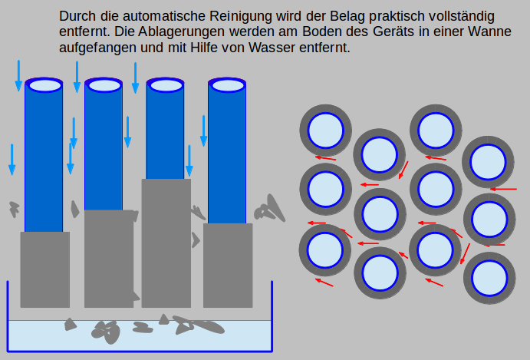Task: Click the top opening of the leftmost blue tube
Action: click(x=44, y=84)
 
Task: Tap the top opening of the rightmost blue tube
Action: click(x=228, y=85)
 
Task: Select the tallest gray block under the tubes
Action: click(x=166, y=242)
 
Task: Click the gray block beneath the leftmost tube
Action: click(x=44, y=269)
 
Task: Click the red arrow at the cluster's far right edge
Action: click(x=503, y=189)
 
